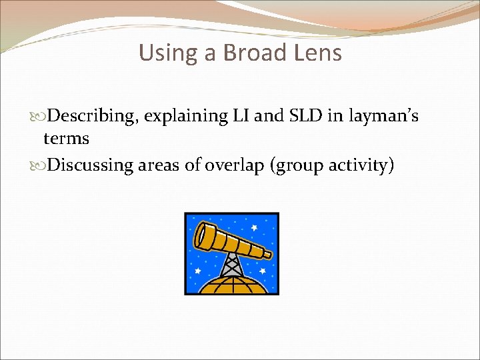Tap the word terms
(x=66, y=139)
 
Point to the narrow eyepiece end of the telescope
(x=267, y=253)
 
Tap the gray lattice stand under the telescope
(x=231, y=265)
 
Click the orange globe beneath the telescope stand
(x=231, y=285)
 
